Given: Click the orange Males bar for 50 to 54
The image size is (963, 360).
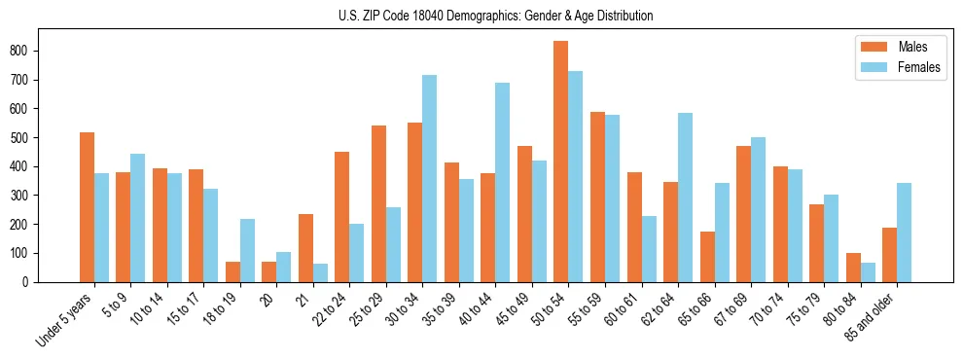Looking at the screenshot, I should (561, 162).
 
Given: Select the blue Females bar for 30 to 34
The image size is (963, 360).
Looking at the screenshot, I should (430, 178).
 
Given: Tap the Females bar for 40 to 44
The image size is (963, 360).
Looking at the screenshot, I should (503, 182).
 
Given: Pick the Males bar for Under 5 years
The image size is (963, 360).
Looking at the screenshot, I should (88, 207).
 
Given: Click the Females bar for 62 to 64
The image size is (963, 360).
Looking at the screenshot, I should (685, 198).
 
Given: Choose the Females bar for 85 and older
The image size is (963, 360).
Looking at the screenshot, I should (904, 233).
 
